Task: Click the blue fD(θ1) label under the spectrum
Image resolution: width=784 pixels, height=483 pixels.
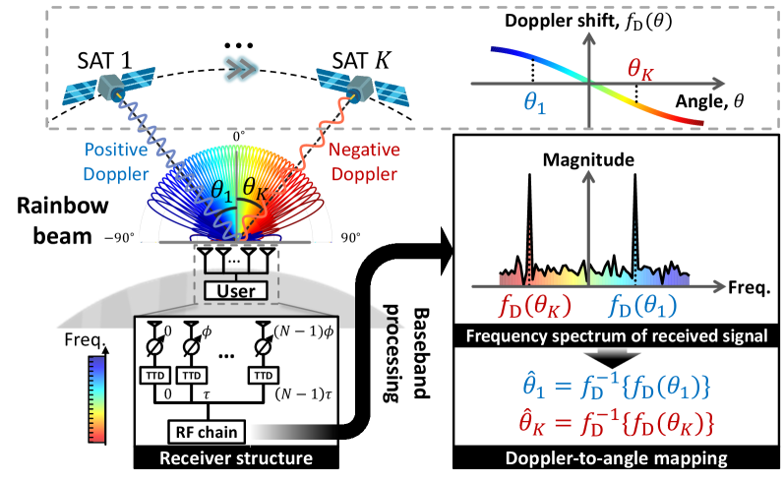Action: (646, 299)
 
